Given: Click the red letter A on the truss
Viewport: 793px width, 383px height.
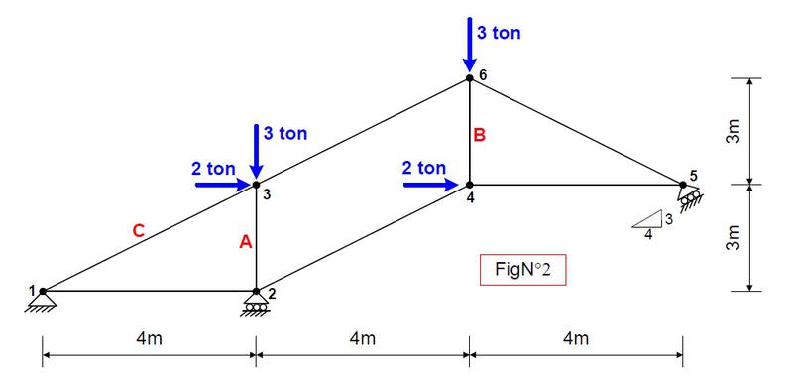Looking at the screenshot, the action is point(245,243).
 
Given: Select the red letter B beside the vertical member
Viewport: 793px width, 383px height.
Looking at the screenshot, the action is point(479,136).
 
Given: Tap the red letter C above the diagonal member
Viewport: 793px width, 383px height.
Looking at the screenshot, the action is point(139,231).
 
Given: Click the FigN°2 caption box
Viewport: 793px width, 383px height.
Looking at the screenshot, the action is point(523,270).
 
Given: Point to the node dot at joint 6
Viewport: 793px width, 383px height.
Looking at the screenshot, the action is point(469,78).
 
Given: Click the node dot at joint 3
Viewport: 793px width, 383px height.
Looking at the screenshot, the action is point(256,185).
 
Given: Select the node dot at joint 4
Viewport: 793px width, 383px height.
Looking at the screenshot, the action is point(469,185).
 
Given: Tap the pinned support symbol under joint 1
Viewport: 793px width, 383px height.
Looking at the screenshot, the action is point(41,303).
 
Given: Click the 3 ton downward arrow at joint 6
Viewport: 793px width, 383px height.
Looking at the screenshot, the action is point(469,45).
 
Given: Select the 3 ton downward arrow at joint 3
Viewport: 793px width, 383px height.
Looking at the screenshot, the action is point(256,151).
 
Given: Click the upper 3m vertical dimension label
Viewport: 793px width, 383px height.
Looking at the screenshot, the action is point(734,132).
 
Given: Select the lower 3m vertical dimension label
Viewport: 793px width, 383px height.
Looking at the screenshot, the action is point(734,238).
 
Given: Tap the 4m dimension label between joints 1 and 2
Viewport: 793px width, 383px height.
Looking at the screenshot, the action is point(150,338).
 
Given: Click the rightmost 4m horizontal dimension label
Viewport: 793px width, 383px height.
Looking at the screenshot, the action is point(576,338).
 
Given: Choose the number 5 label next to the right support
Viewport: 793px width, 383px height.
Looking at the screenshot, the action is point(693,176).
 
